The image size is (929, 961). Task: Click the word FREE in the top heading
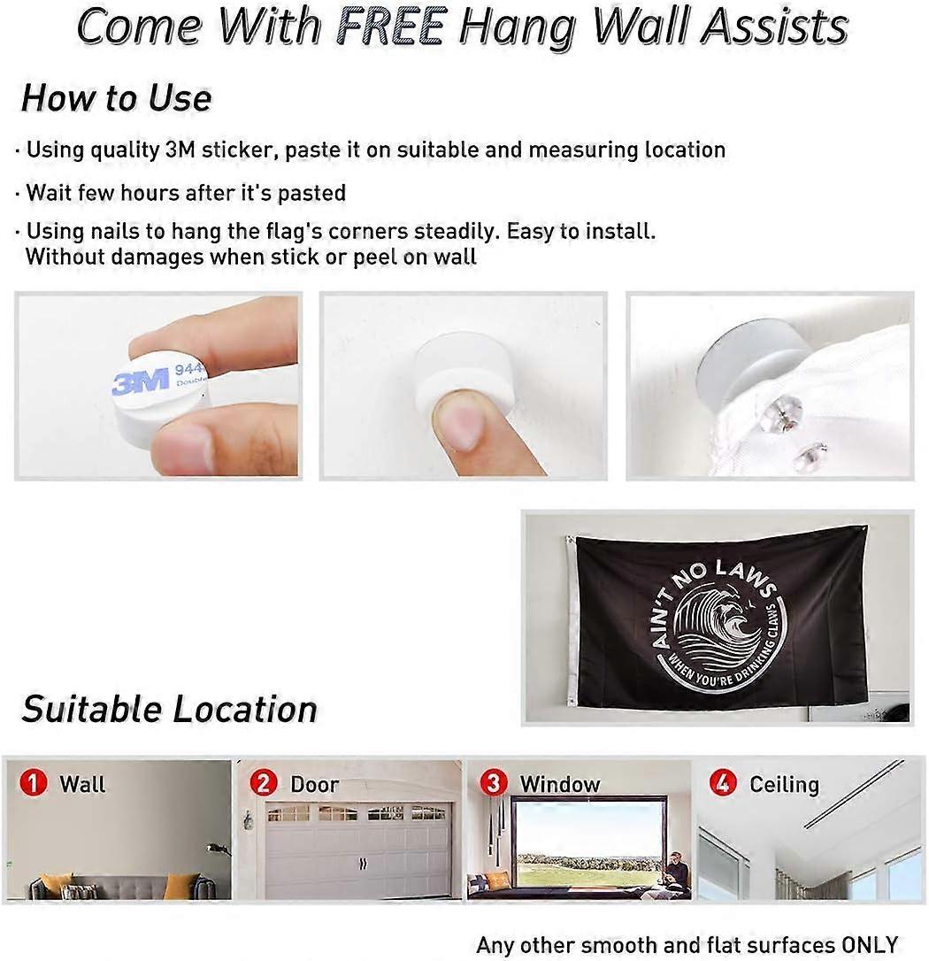click(390, 27)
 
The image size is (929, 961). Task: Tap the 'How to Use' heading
click(117, 98)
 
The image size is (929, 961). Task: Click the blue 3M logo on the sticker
click(141, 381)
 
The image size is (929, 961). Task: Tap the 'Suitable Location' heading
click(169, 709)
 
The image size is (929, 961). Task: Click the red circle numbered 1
click(33, 783)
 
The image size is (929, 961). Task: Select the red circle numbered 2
click(264, 783)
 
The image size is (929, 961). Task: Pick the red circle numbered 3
click(494, 783)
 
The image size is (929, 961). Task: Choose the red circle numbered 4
click(723, 783)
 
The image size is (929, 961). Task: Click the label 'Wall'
click(82, 785)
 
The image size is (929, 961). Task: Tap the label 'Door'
click(314, 785)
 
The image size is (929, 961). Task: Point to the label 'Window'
click(560, 785)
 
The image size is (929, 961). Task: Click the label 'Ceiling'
click(785, 785)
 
